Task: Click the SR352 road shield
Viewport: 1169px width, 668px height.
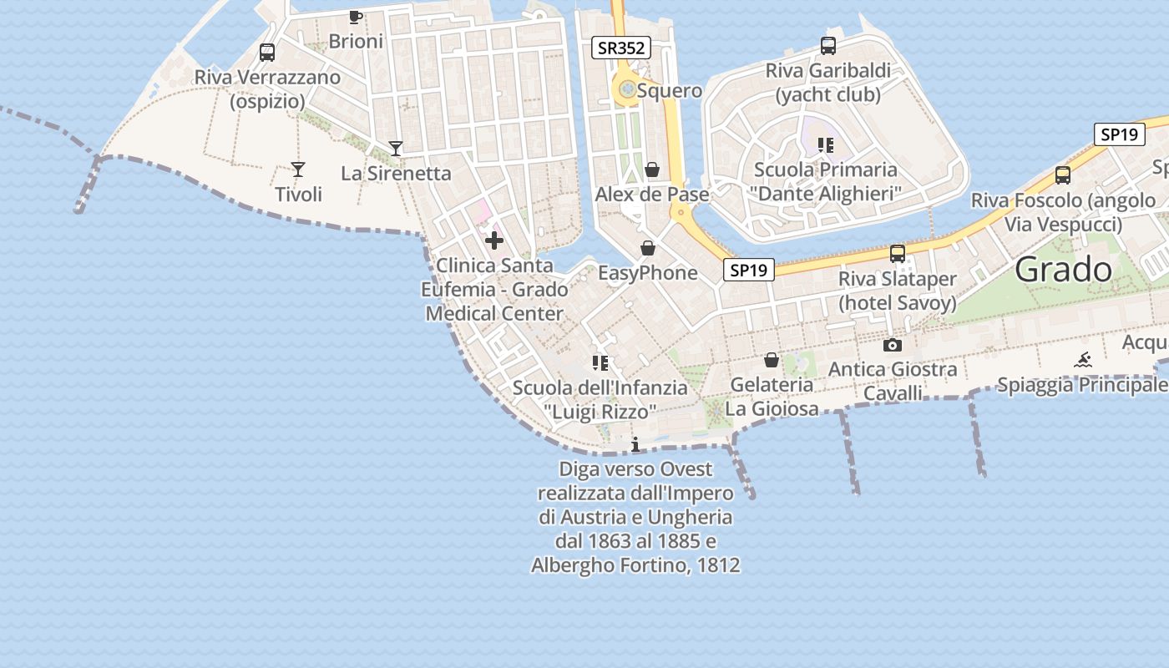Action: coord(620,48)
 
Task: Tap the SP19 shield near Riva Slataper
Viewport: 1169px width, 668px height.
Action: coord(747,270)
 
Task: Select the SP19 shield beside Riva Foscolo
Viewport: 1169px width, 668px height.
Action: coord(1119,134)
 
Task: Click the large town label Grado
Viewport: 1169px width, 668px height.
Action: coord(1064,270)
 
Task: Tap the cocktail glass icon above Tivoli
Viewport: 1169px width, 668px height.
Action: coord(298,170)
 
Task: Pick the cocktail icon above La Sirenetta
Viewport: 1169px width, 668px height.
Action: coord(396,149)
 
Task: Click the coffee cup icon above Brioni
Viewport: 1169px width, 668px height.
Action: coord(355,17)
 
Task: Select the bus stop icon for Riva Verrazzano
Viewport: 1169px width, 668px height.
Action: coord(267,53)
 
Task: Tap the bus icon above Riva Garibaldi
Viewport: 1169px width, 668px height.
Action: coord(828,46)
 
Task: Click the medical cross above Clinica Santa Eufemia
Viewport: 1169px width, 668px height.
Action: coord(494,241)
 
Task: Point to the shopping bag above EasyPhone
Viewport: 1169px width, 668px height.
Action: coord(647,249)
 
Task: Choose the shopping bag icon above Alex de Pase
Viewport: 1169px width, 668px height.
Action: coord(652,170)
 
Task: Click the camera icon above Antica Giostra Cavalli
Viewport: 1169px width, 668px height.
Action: coord(892,345)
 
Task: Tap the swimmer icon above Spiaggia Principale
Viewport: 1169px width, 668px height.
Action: coord(1083,361)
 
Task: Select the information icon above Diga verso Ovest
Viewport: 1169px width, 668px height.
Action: coord(635,443)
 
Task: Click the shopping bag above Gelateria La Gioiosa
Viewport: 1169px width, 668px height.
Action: coord(772,360)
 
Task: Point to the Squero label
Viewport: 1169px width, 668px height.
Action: coord(669,90)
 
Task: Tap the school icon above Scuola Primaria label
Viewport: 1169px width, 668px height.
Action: coord(826,145)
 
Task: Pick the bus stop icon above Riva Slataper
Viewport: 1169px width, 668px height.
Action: coord(898,254)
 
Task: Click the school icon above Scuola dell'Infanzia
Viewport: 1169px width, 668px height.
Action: coord(600,363)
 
